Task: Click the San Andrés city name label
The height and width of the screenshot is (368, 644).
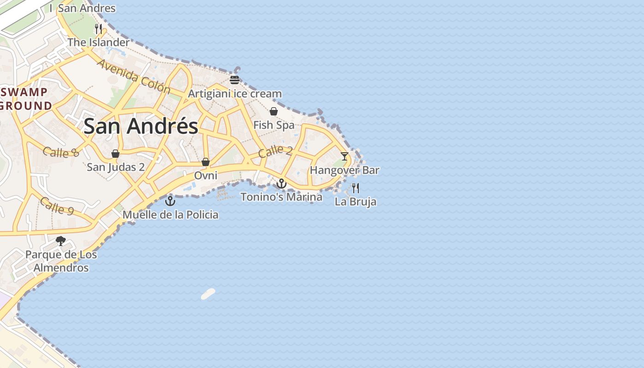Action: click(141, 126)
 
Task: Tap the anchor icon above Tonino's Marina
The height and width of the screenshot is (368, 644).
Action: click(281, 184)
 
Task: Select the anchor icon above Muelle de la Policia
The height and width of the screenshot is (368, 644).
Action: click(170, 201)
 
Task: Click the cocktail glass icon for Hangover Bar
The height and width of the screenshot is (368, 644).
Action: click(345, 156)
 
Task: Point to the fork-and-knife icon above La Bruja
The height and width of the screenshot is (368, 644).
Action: click(355, 188)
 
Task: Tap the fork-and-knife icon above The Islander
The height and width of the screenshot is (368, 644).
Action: click(98, 29)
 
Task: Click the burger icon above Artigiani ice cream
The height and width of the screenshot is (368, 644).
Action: click(235, 80)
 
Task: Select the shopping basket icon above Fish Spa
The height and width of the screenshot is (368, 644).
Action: click(274, 111)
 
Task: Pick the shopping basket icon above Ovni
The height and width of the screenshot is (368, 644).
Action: click(206, 162)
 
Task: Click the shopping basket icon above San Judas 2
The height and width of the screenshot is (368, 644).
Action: click(115, 154)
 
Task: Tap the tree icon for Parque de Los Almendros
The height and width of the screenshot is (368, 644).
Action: click(60, 241)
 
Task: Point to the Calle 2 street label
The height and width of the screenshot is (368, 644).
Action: click(275, 151)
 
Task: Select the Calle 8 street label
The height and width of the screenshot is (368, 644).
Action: click(61, 152)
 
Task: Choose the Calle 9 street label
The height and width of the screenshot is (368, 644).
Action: click(57, 206)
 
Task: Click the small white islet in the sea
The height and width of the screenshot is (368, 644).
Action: click(208, 294)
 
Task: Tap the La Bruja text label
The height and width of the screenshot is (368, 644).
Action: click(355, 201)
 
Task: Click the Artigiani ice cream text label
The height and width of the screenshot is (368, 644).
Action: click(235, 94)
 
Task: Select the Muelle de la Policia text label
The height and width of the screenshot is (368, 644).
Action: click(170, 215)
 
